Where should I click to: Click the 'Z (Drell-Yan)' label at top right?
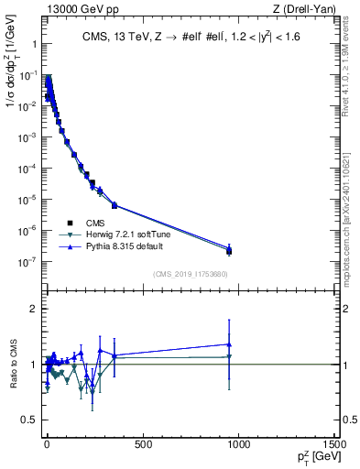tap(301, 9)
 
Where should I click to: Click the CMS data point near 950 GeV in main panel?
tap(229, 251)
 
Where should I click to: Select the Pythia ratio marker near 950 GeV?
tap(229, 344)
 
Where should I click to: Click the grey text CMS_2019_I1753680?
tap(190, 272)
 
